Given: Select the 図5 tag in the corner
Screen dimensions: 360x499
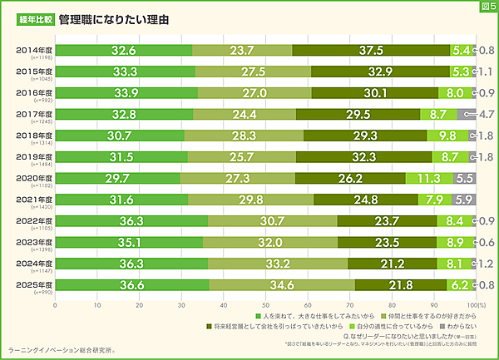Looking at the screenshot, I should coord(487,7).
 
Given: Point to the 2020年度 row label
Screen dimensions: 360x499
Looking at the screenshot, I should coord(33,178).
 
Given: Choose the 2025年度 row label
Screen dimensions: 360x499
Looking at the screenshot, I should coord(33,284).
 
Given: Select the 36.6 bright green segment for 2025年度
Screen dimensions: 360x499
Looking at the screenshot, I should coord(132,285).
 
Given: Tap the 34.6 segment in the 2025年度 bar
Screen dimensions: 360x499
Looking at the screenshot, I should coord(282,285).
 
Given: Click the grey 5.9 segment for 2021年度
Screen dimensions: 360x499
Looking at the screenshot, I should coord(464,200).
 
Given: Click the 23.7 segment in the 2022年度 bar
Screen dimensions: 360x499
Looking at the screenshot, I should coord(387,221).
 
